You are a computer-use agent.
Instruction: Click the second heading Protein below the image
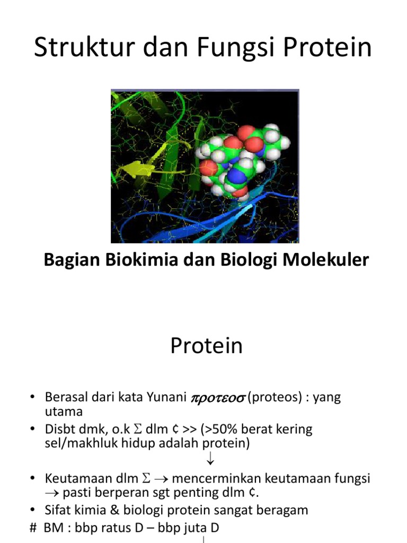pyautogui.click(x=206, y=346)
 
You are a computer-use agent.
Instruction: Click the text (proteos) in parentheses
pyautogui.click(x=270, y=398)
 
